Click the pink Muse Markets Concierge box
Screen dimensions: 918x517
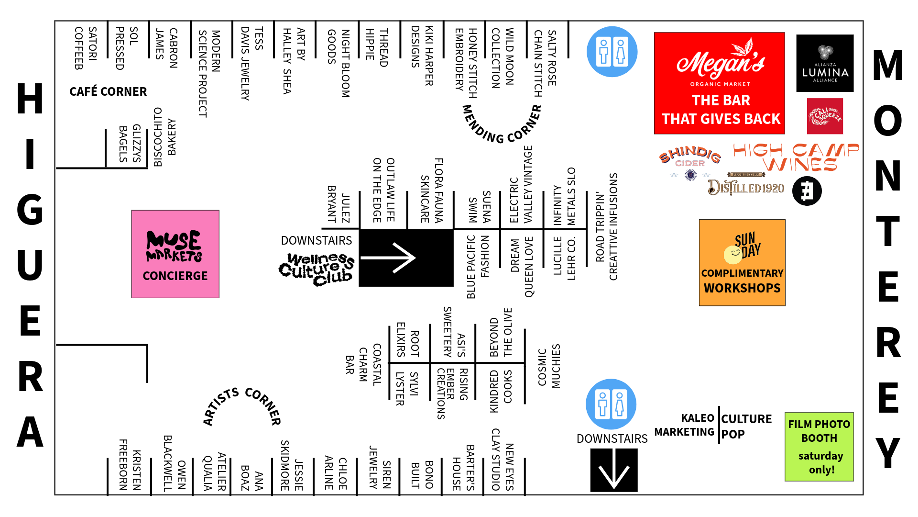pos(175,254)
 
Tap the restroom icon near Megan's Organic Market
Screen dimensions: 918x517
pos(612,52)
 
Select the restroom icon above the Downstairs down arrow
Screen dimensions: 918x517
pos(611,404)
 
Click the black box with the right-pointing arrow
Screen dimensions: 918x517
pos(406,258)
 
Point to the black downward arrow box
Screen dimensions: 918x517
pos(614,470)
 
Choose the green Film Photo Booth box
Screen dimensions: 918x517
pos(819,447)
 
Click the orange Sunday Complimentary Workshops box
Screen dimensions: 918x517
pos(742,262)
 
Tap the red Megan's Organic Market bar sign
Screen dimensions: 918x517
pos(720,83)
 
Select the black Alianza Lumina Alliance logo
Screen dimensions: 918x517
pos(825,63)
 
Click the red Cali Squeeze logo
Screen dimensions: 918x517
pos(825,116)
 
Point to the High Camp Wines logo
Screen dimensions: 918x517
pos(796,157)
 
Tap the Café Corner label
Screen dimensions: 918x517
pos(108,91)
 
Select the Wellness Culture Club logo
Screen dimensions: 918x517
pos(317,270)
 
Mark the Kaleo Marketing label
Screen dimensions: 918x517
pos(684,425)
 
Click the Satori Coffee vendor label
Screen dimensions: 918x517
pos(86,48)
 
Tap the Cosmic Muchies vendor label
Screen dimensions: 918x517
pos(549,366)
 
